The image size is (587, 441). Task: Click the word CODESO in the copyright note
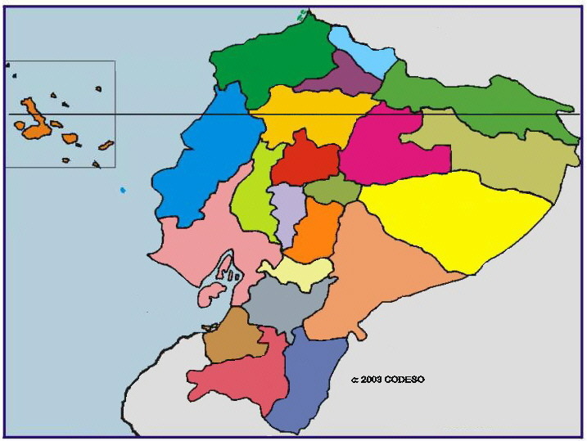pos(407,380)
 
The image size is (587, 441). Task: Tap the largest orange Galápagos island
pos(33,121)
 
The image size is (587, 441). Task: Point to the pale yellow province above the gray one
pos(296,273)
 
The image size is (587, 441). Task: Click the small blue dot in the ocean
pos(123,190)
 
